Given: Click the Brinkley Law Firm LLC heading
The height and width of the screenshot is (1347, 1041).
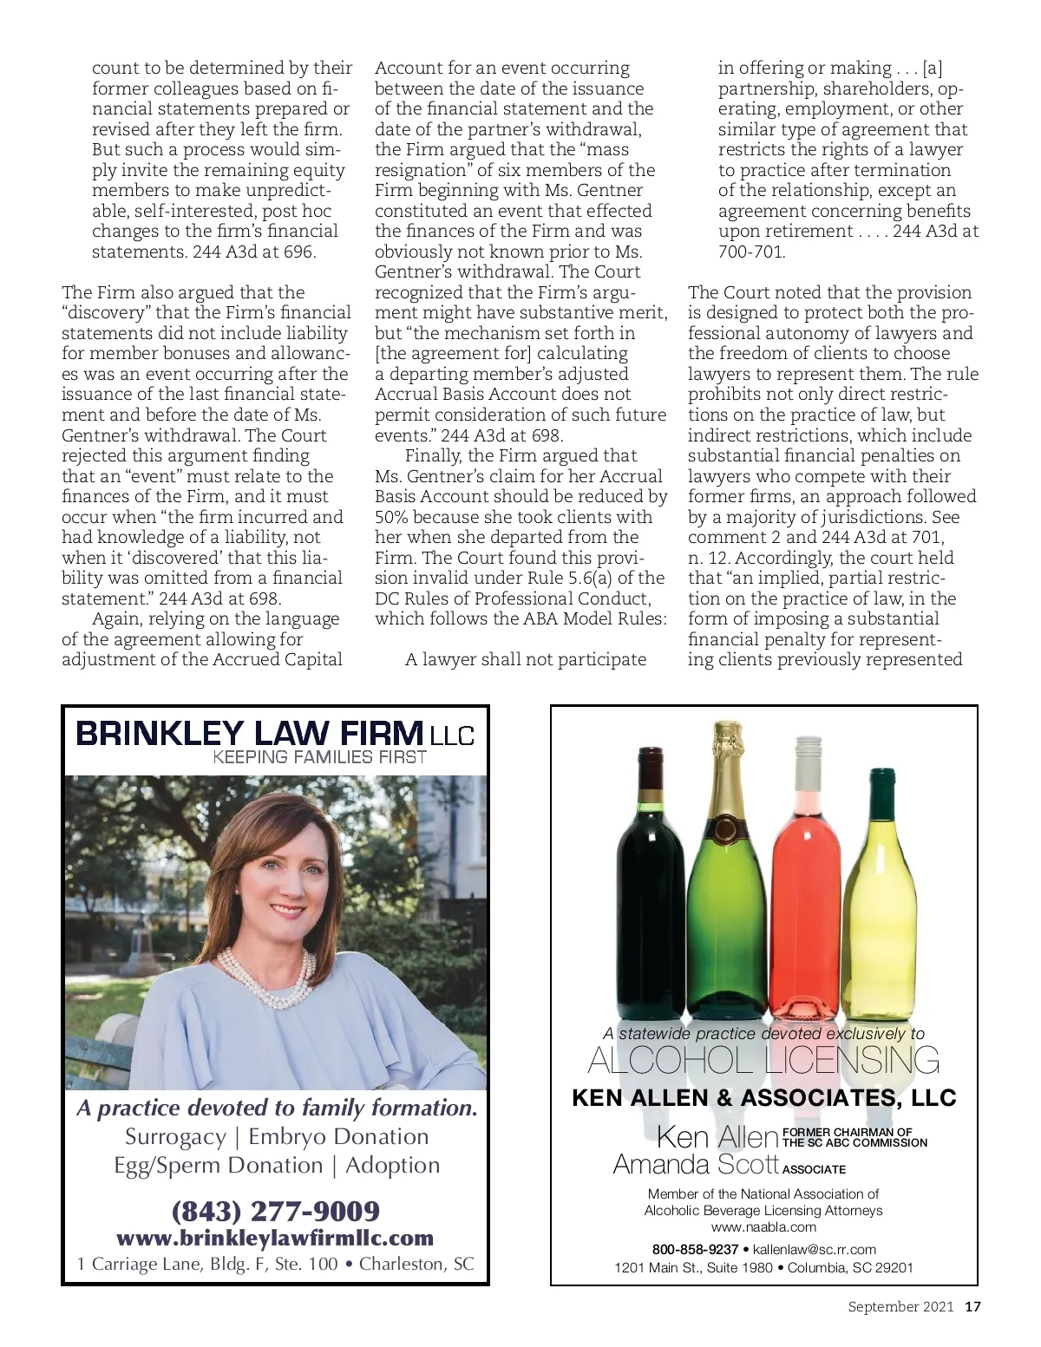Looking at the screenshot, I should click(275, 734).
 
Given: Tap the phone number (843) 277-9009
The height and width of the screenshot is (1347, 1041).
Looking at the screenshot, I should click(276, 1211).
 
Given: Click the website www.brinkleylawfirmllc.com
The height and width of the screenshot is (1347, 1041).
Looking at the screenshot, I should click(275, 1238).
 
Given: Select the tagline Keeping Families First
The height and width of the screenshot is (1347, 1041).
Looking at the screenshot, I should click(319, 757).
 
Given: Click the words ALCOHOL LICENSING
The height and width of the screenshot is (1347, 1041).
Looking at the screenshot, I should click(764, 1061).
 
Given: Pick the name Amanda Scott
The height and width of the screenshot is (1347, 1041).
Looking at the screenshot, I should click(696, 1164).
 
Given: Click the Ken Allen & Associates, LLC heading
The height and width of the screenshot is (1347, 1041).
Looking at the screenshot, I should click(764, 1098).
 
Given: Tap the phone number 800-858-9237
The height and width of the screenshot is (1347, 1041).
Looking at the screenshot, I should click(695, 1250).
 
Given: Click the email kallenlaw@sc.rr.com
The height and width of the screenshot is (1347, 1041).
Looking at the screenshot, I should click(814, 1250).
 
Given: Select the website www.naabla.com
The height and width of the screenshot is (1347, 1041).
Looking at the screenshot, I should click(764, 1227).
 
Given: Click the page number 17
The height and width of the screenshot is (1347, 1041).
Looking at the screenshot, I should click(972, 1307).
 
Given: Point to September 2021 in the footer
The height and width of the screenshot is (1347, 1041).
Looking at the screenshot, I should click(900, 1307).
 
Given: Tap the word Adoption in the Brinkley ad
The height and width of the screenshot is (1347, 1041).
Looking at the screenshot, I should click(393, 1166).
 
